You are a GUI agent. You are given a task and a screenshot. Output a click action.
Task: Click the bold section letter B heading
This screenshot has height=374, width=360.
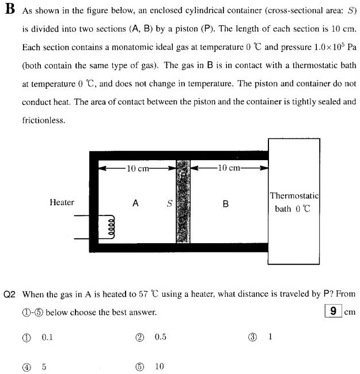[8, 12]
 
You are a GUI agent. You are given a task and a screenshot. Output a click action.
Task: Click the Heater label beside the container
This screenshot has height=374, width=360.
[62, 202]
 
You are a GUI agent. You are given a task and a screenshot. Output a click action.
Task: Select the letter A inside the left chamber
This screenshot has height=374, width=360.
[135, 203]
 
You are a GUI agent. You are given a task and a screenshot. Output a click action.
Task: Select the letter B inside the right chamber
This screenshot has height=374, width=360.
[225, 203]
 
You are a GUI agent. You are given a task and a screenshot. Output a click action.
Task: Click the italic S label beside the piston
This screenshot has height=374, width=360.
[169, 203]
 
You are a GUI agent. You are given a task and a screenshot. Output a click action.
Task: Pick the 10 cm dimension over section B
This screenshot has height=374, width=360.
[229, 168]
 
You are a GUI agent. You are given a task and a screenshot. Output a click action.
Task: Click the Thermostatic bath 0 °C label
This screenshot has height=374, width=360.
[294, 202]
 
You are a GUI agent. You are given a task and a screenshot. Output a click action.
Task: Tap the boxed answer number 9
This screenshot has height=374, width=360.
[333, 311]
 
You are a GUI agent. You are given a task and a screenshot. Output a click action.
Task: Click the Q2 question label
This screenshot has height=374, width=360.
[11, 294]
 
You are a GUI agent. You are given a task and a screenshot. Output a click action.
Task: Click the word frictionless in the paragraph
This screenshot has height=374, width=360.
[43, 121]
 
